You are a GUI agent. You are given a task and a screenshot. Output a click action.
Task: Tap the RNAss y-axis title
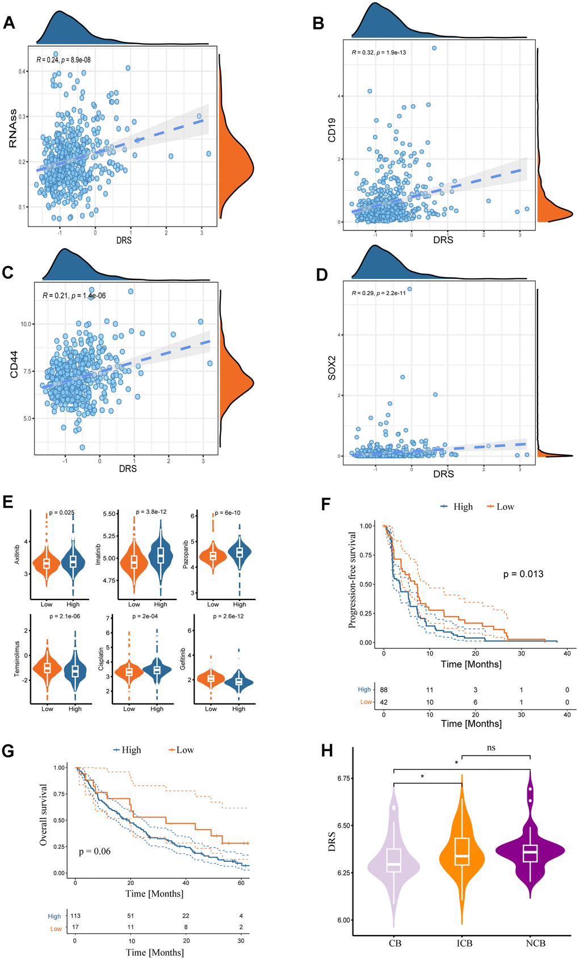coord(13,129)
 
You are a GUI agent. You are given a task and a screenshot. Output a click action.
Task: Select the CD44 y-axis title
coord(14,364)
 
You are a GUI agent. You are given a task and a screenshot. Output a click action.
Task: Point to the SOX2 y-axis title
coord(332,368)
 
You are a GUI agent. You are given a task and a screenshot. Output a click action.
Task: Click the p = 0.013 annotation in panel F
coord(523,574)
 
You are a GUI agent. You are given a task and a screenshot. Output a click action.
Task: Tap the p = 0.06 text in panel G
coord(95,851)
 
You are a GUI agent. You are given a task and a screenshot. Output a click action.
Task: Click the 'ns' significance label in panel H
coord(491,748)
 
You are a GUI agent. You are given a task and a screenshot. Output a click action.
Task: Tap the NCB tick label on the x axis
coord(535,943)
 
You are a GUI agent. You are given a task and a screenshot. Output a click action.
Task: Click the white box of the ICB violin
coord(462,851)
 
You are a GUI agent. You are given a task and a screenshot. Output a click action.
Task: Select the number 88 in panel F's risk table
coord(384,690)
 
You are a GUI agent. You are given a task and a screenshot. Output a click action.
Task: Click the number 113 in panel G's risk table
coord(75,916)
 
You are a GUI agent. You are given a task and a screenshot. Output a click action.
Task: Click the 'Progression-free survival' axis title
coord(352,580)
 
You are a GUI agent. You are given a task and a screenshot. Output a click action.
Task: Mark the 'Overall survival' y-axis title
coord(43,815)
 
